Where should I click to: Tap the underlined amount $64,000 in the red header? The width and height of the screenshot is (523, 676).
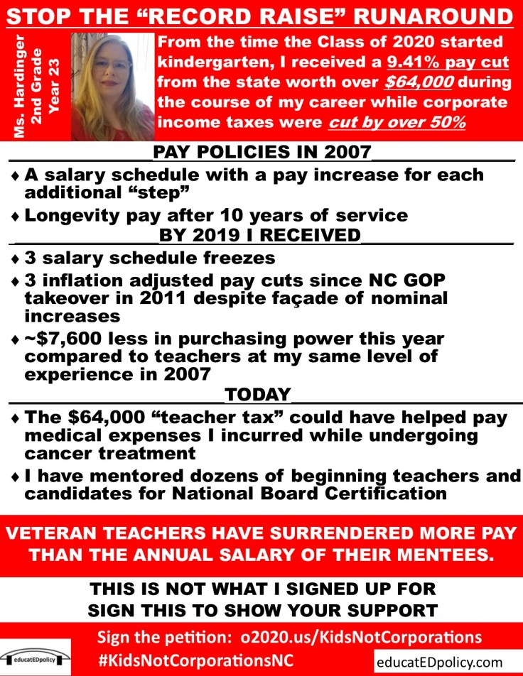pyautogui.click(x=408, y=82)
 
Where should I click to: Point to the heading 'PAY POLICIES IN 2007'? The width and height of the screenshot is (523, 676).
pyautogui.click(x=262, y=152)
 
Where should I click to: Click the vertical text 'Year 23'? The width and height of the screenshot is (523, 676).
pyautogui.click(x=59, y=87)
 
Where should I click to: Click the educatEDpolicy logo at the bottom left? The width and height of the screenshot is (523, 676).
pyautogui.click(x=36, y=655)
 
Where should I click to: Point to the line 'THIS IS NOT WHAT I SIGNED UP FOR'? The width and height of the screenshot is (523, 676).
pyautogui.click(x=261, y=589)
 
